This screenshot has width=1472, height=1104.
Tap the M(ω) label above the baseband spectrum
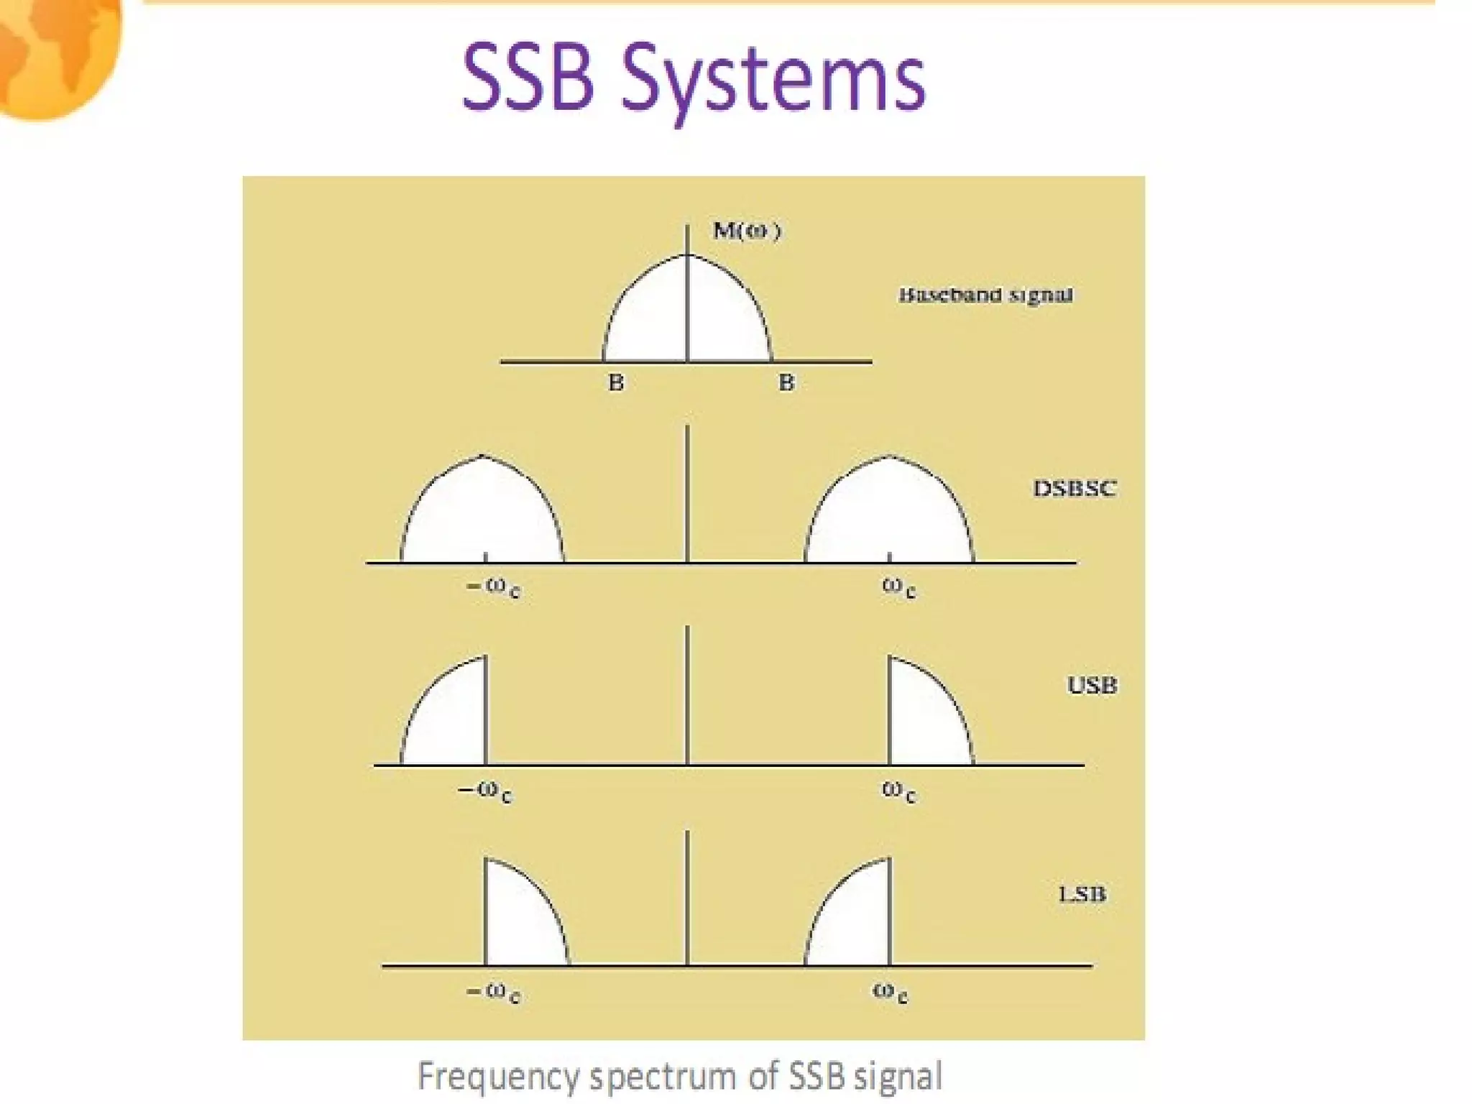pyautogui.click(x=746, y=231)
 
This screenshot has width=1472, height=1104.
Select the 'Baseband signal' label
pyautogui.click(x=985, y=295)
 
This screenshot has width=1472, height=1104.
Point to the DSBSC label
pyautogui.click(x=1075, y=489)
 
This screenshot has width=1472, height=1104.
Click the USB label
pyautogui.click(x=1092, y=685)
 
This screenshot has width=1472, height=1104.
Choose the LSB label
pyautogui.click(x=1082, y=895)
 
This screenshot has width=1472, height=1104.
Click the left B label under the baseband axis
pyautogui.click(x=616, y=383)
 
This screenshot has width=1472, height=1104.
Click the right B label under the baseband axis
pyautogui.click(x=786, y=383)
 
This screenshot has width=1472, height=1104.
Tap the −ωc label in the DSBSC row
pyautogui.click(x=494, y=587)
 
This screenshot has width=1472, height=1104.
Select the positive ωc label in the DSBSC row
pyautogui.click(x=898, y=587)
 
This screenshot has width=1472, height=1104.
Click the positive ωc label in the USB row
pyautogui.click(x=898, y=791)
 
